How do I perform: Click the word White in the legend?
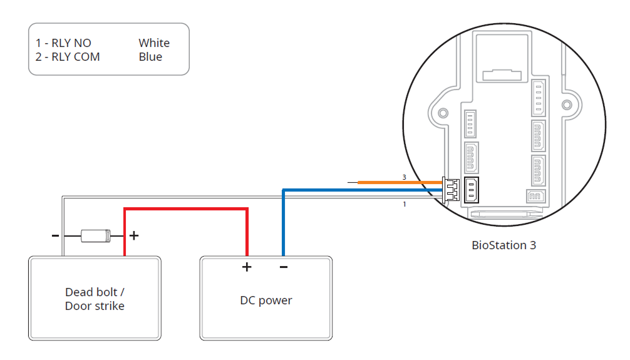(x=154, y=43)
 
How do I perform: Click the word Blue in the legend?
(x=150, y=57)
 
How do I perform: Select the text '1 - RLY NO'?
(x=63, y=43)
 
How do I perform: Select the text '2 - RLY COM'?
(x=68, y=57)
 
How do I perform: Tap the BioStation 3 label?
(x=503, y=245)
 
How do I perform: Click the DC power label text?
(x=266, y=301)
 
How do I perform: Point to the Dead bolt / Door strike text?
(x=95, y=299)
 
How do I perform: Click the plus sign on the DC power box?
(x=247, y=267)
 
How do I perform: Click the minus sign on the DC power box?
(x=284, y=267)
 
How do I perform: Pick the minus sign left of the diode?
(x=55, y=236)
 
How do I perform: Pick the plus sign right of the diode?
(x=133, y=236)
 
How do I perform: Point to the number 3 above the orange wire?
(x=404, y=177)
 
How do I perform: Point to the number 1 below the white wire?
(x=404, y=204)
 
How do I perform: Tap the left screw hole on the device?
(x=443, y=113)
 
